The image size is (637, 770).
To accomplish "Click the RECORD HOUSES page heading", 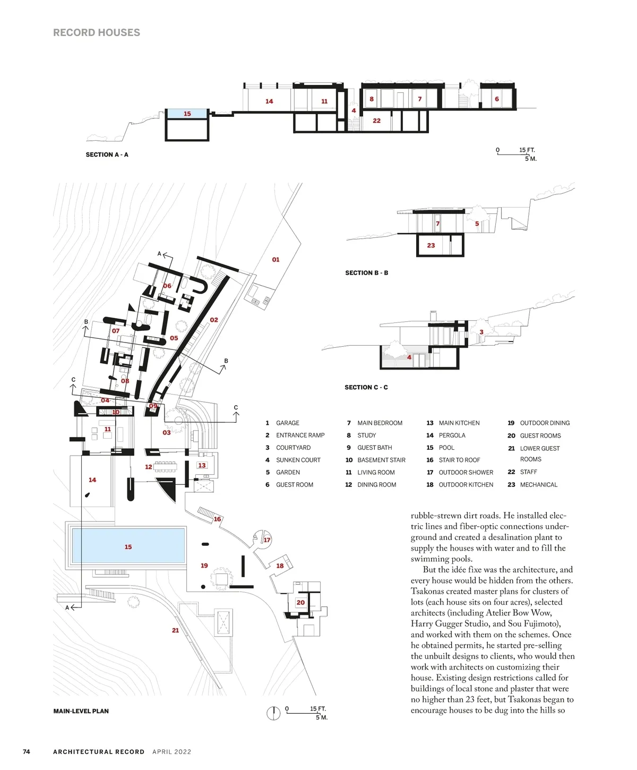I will click(x=97, y=32).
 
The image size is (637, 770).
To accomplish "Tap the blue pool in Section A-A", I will click(x=187, y=114).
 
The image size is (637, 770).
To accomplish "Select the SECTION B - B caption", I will click(x=366, y=273).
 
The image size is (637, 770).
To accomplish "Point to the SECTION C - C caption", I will click(x=366, y=388).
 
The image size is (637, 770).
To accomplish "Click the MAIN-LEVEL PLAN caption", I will click(x=81, y=711).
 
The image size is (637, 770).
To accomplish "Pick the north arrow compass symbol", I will click(x=273, y=713).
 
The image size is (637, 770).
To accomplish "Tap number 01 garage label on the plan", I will click(x=276, y=260).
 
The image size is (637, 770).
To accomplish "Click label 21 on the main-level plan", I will click(x=175, y=630).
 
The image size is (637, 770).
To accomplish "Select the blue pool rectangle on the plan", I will click(x=128, y=546).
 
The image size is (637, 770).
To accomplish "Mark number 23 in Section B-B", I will click(x=431, y=245).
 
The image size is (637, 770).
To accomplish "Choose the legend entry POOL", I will click(x=446, y=448).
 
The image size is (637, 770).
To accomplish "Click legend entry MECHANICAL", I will click(x=538, y=485).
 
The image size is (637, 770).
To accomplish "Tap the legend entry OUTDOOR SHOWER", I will click(x=466, y=473).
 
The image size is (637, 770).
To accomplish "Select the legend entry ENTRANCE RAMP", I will click(x=300, y=435).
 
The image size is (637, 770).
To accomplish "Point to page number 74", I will click(x=27, y=752).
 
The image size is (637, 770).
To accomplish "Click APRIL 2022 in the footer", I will click(x=171, y=752).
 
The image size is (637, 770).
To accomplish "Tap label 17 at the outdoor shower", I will click(x=267, y=540).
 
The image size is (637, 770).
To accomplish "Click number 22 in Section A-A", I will click(x=376, y=121).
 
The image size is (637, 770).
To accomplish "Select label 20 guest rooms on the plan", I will click(x=300, y=603).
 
